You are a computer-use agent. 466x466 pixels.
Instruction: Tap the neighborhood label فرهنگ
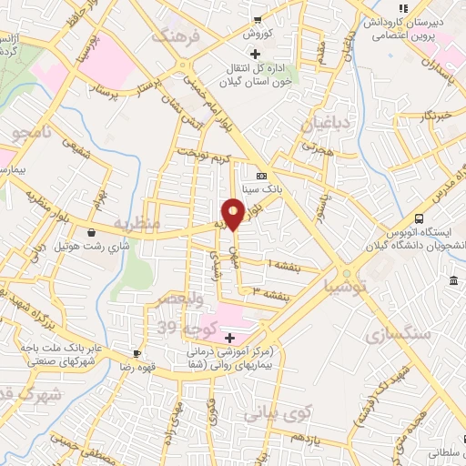pos(173,38)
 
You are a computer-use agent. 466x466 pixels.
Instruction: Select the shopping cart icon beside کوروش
pos(258,19)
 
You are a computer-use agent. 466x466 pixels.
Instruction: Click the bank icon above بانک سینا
pos(261,176)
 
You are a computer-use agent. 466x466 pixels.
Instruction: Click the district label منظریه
pos(137,222)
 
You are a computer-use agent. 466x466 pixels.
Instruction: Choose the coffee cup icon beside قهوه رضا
pos(136,353)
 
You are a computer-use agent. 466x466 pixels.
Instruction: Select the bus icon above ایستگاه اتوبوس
pos(419,218)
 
